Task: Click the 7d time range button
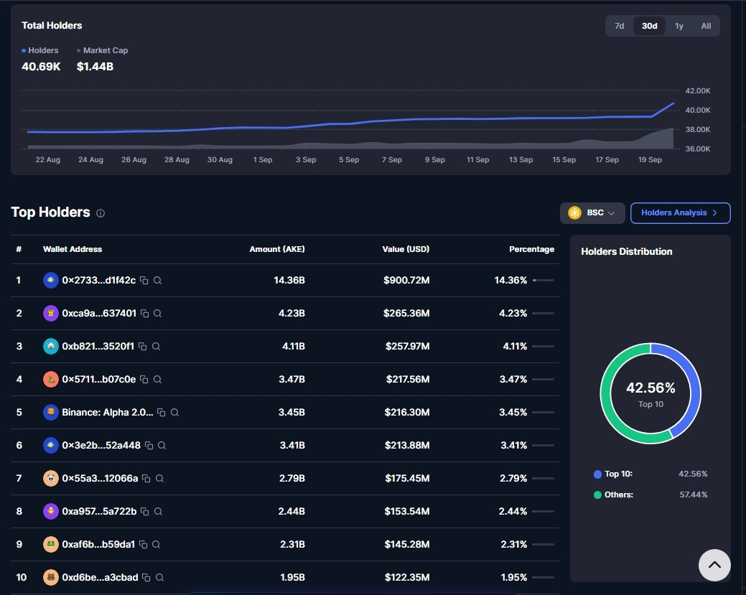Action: click(619, 26)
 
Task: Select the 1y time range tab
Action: click(679, 26)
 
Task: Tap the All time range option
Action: click(706, 26)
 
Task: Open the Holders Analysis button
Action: click(681, 213)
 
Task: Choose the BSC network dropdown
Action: click(592, 213)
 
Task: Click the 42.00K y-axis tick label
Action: click(698, 91)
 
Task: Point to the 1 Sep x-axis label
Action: click(263, 160)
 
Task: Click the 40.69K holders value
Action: click(41, 67)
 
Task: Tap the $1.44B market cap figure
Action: click(95, 67)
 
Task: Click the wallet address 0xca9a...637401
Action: click(99, 314)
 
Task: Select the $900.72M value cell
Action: click(406, 280)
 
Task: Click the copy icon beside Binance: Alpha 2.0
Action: click(162, 413)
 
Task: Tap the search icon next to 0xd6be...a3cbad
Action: click(160, 577)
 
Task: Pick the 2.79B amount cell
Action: click(292, 479)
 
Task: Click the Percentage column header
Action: click(531, 249)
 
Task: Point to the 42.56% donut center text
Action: click(651, 388)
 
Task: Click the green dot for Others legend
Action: click(597, 495)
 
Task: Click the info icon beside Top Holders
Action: click(101, 213)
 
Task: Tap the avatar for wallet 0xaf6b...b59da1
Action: click(51, 544)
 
